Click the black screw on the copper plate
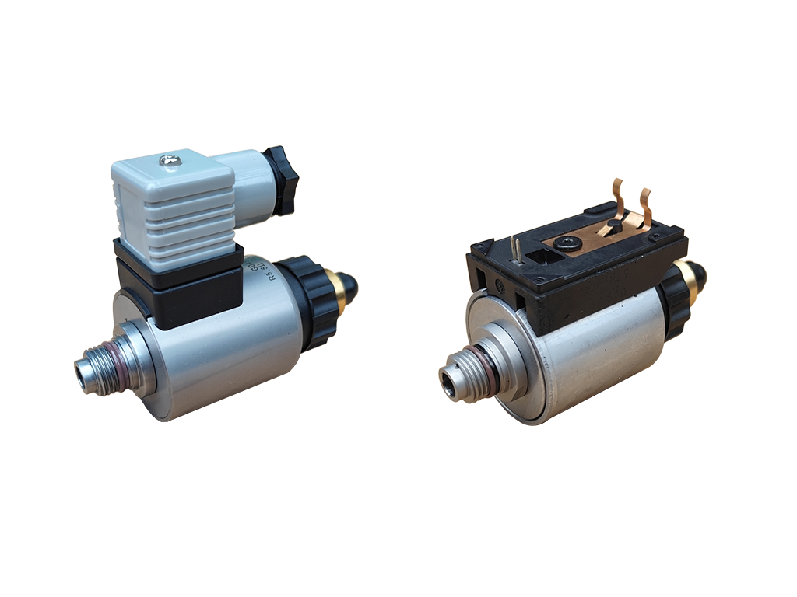point(566,243)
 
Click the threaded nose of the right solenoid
point(457,380)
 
